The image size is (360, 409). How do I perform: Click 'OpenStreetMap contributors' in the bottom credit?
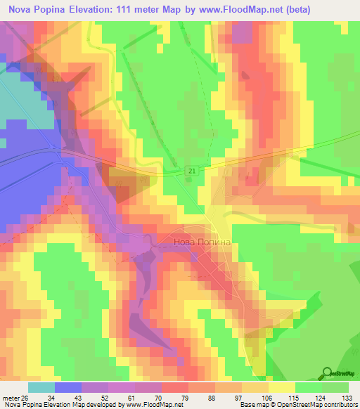coord(316,404)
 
